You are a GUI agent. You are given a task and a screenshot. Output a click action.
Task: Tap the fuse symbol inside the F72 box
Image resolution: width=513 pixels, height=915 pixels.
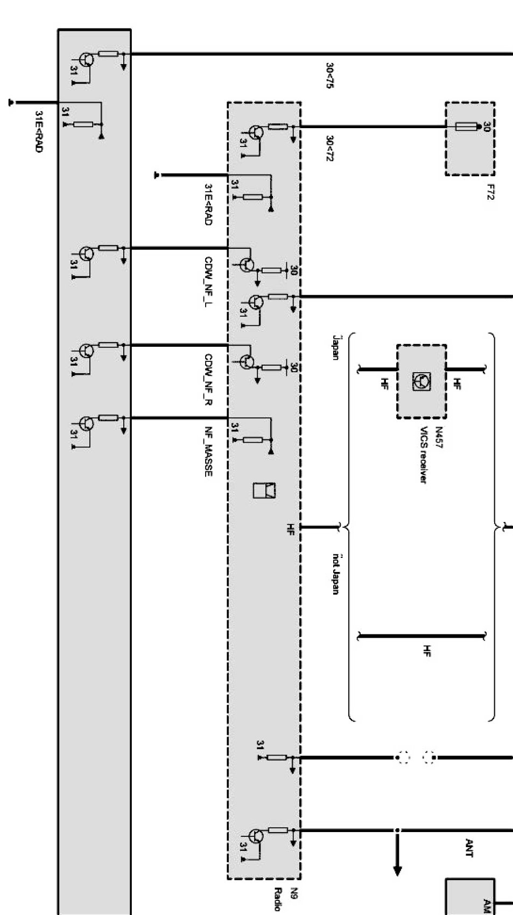pyautogui.click(x=466, y=127)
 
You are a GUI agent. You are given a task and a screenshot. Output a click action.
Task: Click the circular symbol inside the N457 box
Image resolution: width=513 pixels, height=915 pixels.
pyautogui.click(x=421, y=381)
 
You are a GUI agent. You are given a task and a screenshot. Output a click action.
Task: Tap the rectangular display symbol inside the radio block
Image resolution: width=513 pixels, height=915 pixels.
pyautogui.click(x=265, y=490)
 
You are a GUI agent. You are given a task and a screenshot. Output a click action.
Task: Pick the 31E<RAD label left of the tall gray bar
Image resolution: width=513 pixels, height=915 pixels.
pyautogui.click(x=38, y=132)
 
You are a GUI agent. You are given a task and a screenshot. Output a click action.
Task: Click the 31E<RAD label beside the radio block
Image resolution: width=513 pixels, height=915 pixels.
pyautogui.click(x=208, y=204)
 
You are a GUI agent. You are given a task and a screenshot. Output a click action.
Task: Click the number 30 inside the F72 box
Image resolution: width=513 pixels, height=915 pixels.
pyautogui.click(x=487, y=127)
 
